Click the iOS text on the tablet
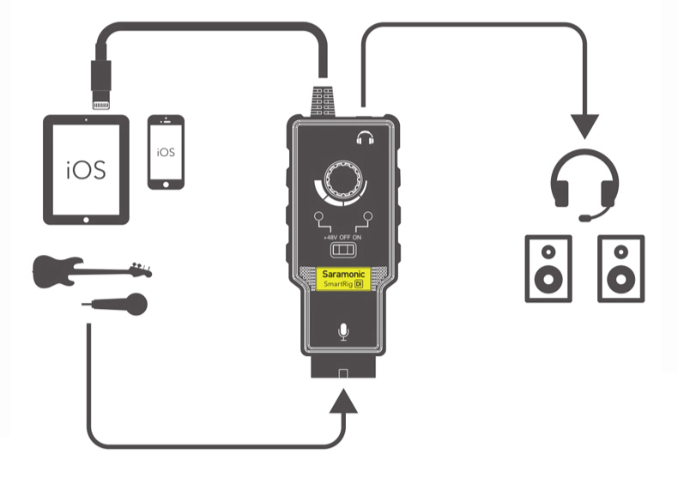[x=86, y=169]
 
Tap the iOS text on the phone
[x=166, y=152]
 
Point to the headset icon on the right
[x=584, y=185]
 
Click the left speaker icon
[x=548, y=268]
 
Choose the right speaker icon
[x=620, y=268]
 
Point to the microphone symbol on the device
[x=343, y=331]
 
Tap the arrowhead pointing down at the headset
[x=584, y=126]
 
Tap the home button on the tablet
[x=86, y=218]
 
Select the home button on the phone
[x=166, y=182]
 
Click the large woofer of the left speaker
[x=548, y=281]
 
